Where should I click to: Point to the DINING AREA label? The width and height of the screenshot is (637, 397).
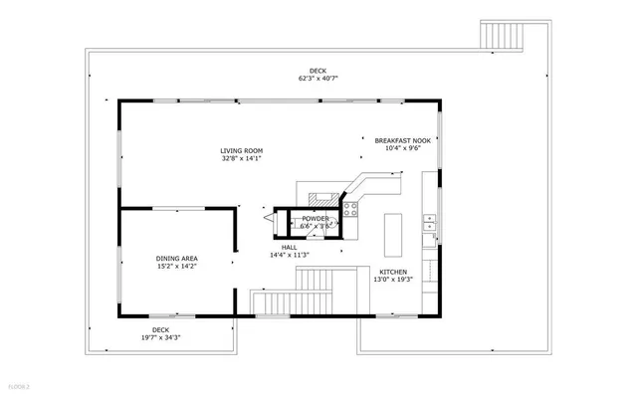(176, 258)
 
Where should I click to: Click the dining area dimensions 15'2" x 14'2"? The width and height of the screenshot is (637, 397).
(176, 266)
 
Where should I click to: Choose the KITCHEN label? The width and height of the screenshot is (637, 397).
(393, 272)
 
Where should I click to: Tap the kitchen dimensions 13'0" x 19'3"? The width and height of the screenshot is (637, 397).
(393, 280)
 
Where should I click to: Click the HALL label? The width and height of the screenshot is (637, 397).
(290, 247)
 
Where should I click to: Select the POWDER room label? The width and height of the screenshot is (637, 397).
(316, 218)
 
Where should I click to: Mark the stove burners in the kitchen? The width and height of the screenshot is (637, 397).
(350, 209)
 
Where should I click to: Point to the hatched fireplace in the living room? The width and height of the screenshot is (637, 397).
(322, 196)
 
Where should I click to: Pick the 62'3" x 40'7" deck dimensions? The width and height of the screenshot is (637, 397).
(318, 78)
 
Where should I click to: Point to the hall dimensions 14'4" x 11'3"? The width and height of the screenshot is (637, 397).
(290, 255)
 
